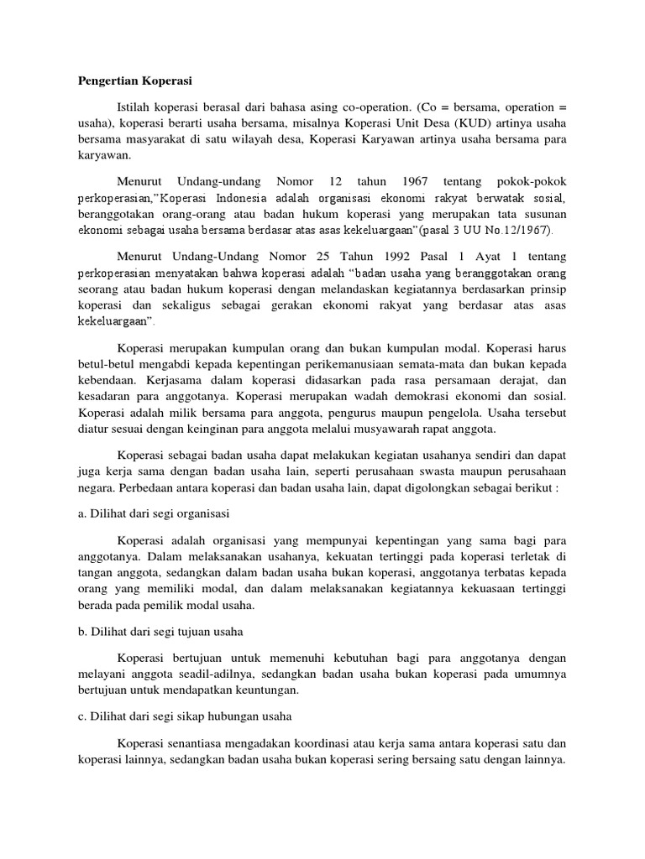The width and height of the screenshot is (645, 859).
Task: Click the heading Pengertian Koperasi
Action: click(x=134, y=81)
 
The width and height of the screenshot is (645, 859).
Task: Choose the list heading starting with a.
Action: click(x=153, y=511)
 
